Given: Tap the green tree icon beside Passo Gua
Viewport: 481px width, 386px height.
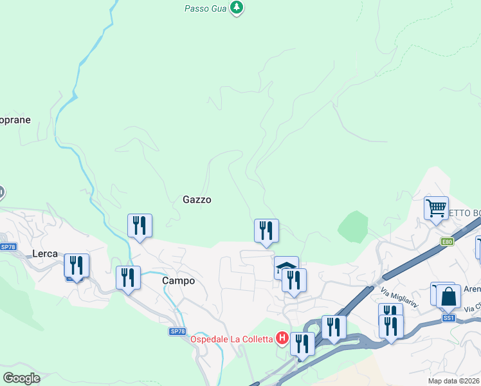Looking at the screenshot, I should [237, 8].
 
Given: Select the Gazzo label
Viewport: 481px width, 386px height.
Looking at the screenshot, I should [197, 199].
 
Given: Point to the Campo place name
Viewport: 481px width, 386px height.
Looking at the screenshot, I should [178, 280].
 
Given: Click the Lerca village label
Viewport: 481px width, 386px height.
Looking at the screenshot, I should [45, 253].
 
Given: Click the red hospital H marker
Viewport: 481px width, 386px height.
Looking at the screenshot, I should [281, 338].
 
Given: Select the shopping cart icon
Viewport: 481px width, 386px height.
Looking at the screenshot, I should [436, 208].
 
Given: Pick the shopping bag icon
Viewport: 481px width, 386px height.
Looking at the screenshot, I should [448, 297].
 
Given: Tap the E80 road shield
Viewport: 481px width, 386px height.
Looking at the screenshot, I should [448, 242].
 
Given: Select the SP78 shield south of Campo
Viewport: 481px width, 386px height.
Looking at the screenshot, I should [177, 331].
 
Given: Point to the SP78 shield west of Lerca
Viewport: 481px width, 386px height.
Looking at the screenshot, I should [8, 246].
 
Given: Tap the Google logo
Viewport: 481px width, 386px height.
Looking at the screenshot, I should [22, 378].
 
